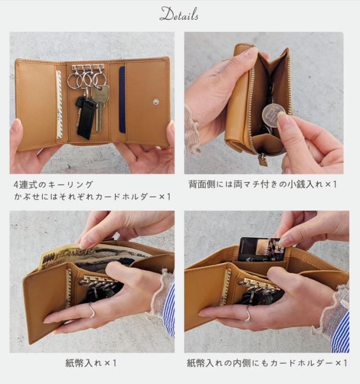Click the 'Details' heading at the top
tap(179, 15)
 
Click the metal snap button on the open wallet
tap(156, 102)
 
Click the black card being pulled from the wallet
tap(259, 249)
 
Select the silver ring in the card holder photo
tap(247, 314)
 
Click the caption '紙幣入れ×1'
tap(91, 363)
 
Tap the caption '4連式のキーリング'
tap(53, 184)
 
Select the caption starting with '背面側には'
tap(263, 184)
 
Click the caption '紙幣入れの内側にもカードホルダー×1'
tap(267, 363)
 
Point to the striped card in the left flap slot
tap(58, 105)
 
